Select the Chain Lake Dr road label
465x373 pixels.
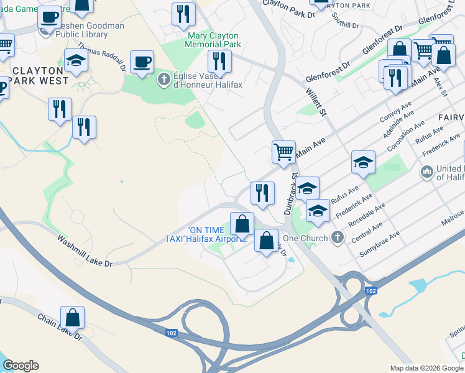coord(60,327)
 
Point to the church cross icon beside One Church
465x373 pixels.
coord(337,237)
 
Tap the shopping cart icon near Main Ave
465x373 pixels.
coord(283,151)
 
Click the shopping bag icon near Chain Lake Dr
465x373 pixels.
coord(73,317)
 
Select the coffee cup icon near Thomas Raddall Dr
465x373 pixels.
coord(142,62)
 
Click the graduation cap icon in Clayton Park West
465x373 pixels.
coord(76,60)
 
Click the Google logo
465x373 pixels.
coord(20,366)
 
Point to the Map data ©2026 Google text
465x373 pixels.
coord(426,368)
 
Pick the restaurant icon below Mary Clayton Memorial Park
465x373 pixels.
coord(219,61)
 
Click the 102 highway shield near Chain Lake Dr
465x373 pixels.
coord(172,334)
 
